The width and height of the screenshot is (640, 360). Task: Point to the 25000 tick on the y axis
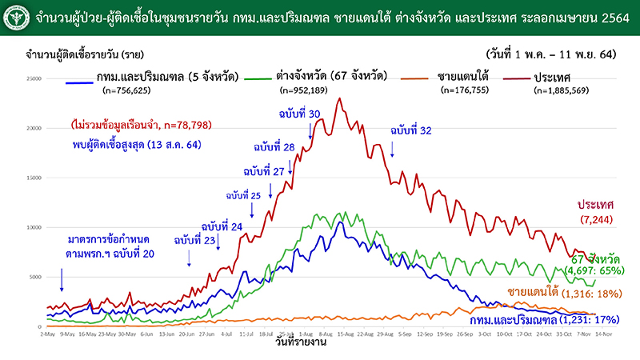33,78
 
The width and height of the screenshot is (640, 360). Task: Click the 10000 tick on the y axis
33,227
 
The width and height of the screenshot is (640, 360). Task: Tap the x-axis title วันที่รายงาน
298,342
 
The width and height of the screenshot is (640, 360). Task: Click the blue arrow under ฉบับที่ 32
393,149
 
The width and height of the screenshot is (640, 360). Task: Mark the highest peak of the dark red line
340,98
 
